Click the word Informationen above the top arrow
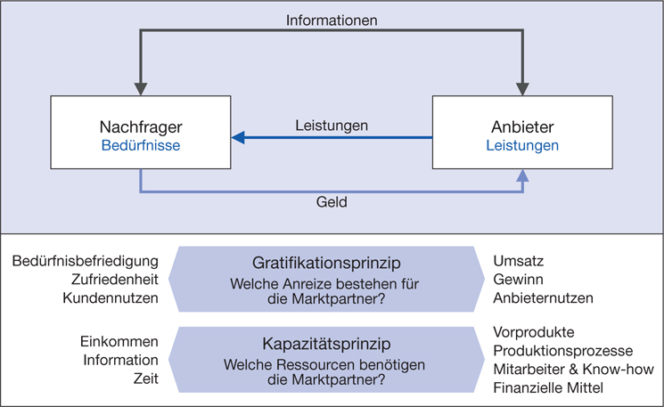332,19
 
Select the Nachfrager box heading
141,126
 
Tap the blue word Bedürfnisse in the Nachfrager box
141,145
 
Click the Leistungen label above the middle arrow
332,126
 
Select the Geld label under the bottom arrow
332,202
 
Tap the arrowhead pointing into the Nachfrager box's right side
238,138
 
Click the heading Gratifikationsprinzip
331,264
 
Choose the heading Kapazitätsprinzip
331,343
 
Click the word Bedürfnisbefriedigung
86,261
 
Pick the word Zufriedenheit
111,280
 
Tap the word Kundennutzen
111,297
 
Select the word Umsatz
519,261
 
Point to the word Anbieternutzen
543,297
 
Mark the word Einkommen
119,342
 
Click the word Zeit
145,379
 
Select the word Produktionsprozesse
562,350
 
